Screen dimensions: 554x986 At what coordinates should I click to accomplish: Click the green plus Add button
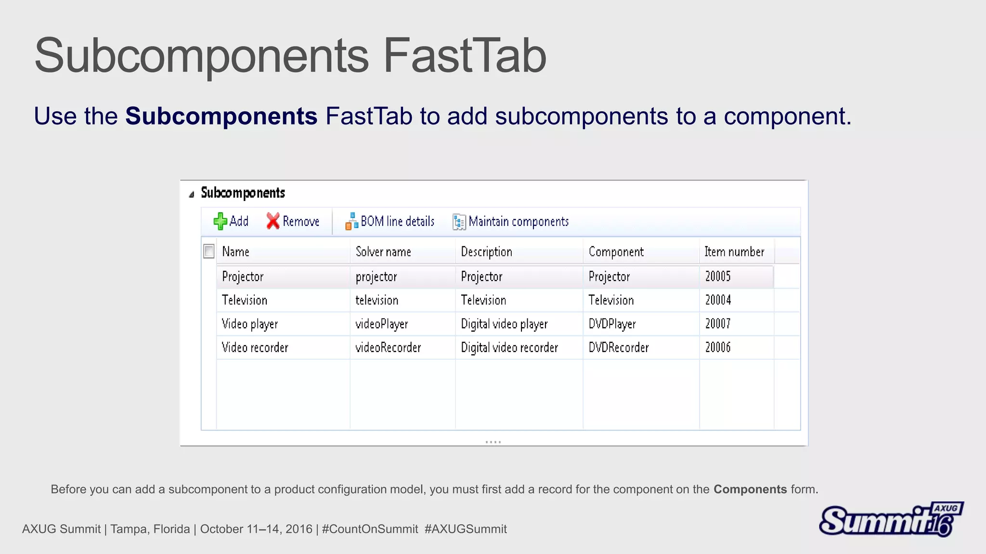231,221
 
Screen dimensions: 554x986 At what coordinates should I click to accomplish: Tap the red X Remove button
293,221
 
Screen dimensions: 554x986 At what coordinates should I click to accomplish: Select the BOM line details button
390,221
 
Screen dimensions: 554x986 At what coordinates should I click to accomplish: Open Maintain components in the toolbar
511,221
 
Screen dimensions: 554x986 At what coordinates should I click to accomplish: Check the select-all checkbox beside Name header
209,251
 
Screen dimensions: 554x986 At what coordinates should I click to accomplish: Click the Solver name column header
383,252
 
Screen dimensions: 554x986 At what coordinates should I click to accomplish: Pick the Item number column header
734,252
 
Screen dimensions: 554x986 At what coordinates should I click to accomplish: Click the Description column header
486,252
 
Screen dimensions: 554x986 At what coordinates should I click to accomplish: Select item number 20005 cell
718,277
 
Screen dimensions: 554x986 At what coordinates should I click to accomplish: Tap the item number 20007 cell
718,324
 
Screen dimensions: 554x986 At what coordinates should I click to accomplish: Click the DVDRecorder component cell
619,347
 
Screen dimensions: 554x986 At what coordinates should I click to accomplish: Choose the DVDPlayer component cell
612,324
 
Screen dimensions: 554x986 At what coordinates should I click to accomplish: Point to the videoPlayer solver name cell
382,324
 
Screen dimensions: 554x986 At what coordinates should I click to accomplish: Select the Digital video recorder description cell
509,347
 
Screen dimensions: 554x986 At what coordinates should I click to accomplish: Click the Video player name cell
250,324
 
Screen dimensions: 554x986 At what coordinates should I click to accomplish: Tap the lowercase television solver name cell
377,300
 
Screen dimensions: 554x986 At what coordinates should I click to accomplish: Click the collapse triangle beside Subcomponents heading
192,194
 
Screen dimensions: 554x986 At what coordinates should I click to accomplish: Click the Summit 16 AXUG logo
891,519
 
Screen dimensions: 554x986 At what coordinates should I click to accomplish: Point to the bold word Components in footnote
750,489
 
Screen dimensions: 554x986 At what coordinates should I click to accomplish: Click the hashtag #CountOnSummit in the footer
370,529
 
